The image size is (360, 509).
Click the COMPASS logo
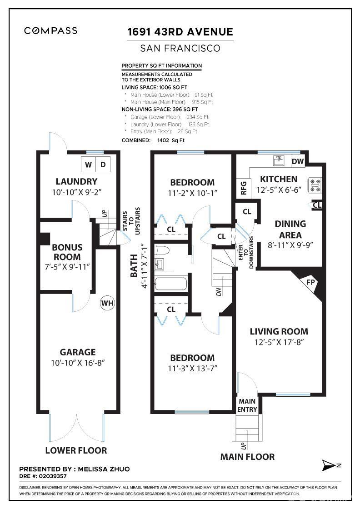tap(50, 31)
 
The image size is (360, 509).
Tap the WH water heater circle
tap(107, 303)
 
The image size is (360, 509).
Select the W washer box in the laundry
tap(88, 165)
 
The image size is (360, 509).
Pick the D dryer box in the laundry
tap(103, 165)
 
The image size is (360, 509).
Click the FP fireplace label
tap(310, 282)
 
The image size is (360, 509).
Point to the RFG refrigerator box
tap(243, 188)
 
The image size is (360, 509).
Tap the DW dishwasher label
tap(298, 161)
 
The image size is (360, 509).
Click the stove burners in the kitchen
tap(315, 185)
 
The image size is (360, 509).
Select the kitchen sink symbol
tap(279, 160)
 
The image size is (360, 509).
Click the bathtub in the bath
tap(171, 284)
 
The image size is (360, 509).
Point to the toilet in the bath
tap(162, 250)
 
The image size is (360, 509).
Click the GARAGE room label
tap(78, 352)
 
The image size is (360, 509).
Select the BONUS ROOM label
tap(67, 252)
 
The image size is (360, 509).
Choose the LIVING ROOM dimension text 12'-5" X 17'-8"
tap(279, 342)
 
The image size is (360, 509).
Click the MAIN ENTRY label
tap(247, 405)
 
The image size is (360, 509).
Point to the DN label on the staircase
tap(219, 291)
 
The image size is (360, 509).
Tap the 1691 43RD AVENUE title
tap(180, 32)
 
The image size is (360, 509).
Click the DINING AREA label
tap(290, 229)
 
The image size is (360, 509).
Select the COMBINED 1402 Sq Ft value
tap(171, 140)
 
